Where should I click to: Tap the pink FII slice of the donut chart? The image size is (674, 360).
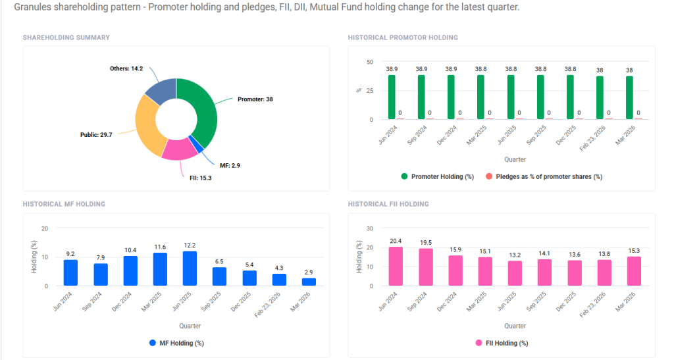pos(179,150)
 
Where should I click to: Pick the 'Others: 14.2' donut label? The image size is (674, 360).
pos(126,68)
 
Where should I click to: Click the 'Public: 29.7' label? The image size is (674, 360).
pos(97,134)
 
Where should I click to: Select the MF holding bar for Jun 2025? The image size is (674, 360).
pos(190,269)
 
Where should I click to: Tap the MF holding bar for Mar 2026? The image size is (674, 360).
pos(309,282)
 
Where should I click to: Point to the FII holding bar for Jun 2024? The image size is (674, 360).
pos(396,267)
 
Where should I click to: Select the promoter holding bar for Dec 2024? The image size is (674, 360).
pos(451,97)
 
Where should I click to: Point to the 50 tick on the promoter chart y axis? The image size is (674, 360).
pos(369,62)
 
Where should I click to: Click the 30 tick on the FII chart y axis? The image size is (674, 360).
pos(369,228)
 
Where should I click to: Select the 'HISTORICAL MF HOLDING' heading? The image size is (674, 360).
pos(64,204)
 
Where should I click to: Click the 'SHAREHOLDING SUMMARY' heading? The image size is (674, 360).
pos(66,38)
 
